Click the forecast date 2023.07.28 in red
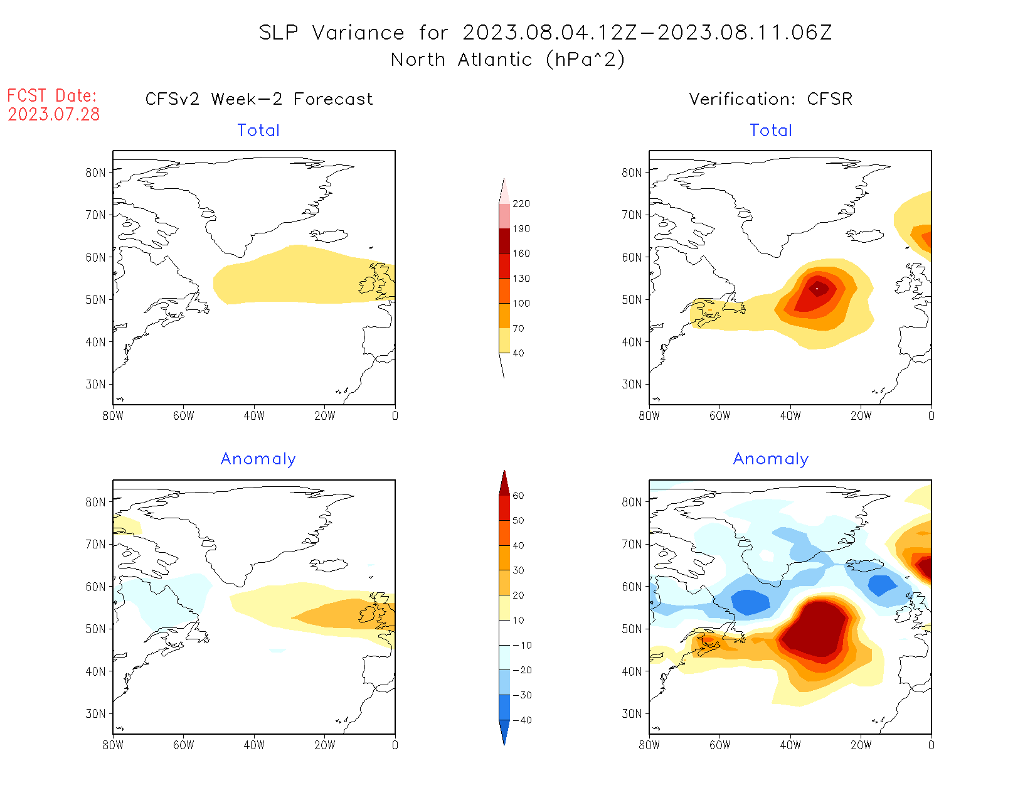pyautogui.click(x=54, y=114)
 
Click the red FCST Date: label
pyautogui.click(x=52, y=96)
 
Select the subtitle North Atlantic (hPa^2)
pyautogui.click(x=507, y=60)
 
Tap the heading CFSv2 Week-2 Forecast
pyautogui.click(x=259, y=99)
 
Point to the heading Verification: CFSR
pyautogui.click(x=771, y=99)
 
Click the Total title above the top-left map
pyautogui.click(x=258, y=131)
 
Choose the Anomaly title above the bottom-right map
pyautogui.click(x=771, y=459)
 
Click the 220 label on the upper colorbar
pyautogui.click(x=521, y=204)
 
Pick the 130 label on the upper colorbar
pyautogui.click(x=521, y=279)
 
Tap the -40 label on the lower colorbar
pyautogui.click(x=521, y=720)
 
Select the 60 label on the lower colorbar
pyautogui.click(x=518, y=496)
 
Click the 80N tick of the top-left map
pyautogui.click(x=96, y=173)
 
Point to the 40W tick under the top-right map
pyautogui.click(x=790, y=415)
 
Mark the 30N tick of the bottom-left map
pyautogui.click(x=96, y=713)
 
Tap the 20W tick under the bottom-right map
pyautogui.click(x=861, y=745)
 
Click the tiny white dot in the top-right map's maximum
pyautogui.click(x=817, y=289)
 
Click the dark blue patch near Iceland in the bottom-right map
pyautogui.click(x=881, y=585)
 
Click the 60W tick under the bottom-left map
pyautogui.click(x=183, y=745)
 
